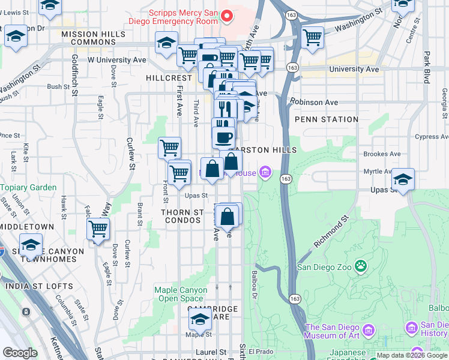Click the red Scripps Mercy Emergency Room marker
(x=226, y=16)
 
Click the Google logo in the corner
(x=20, y=353)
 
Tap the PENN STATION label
(x=327, y=119)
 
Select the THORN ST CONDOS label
(x=182, y=216)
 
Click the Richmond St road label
(x=331, y=234)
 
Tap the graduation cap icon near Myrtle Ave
(x=403, y=179)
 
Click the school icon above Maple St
(x=200, y=319)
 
